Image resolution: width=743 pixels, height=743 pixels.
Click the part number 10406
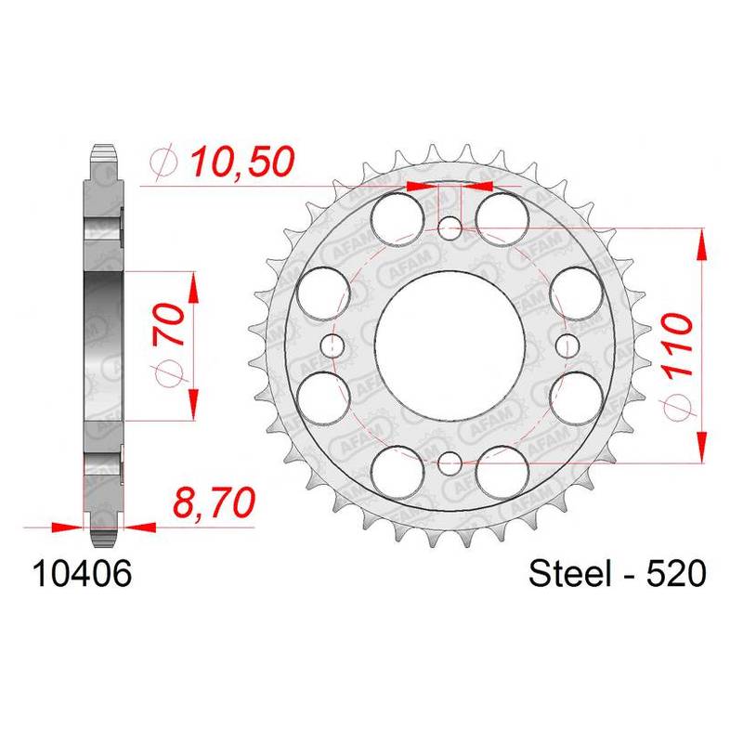click(x=81, y=574)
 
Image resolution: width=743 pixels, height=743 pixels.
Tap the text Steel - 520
click(x=617, y=574)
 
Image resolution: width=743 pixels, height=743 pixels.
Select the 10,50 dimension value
click(x=242, y=162)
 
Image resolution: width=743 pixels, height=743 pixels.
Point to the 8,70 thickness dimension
click(x=214, y=502)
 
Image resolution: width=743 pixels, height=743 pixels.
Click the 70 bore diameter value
click(x=169, y=324)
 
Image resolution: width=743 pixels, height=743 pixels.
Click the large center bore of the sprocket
click(x=449, y=345)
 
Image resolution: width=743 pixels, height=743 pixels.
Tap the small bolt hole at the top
click(x=450, y=229)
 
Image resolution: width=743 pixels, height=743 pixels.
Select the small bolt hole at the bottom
click(x=450, y=463)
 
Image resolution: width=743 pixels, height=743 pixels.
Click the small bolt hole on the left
click(x=332, y=345)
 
